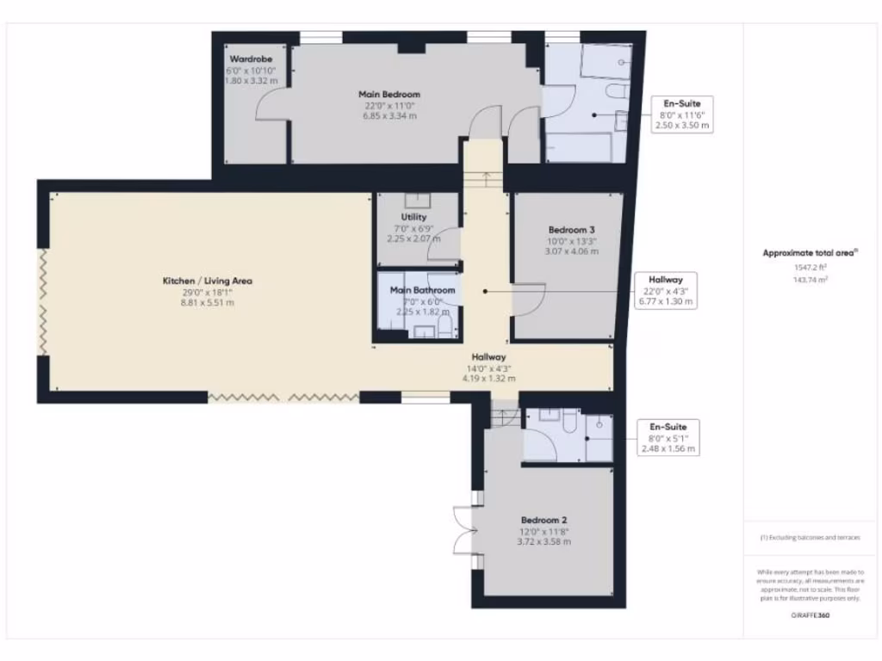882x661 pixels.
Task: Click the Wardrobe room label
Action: (x=251, y=59)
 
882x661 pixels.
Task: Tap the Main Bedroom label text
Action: (x=389, y=94)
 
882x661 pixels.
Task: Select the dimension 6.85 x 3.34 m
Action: (x=389, y=115)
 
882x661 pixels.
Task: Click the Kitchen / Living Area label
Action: (x=207, y=281)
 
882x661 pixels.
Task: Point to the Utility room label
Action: (x=413, y=218)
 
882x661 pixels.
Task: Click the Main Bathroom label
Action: (x=416, y=290)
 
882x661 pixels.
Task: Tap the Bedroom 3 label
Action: (x=572, y=230)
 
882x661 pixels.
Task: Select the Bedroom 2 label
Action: (x=543, y=520)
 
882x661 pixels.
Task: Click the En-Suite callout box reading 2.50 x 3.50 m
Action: (x=681, y=114)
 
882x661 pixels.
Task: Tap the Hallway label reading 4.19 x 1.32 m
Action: (x=488, y=367)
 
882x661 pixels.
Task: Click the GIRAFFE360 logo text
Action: (x=810, y=615)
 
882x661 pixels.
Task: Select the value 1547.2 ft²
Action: (x=810, y=269)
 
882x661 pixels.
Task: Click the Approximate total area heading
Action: (x=810, y=253)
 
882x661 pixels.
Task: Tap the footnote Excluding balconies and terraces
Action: (x=810, y=538)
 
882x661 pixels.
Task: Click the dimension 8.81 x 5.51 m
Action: (x=207, y=303)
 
